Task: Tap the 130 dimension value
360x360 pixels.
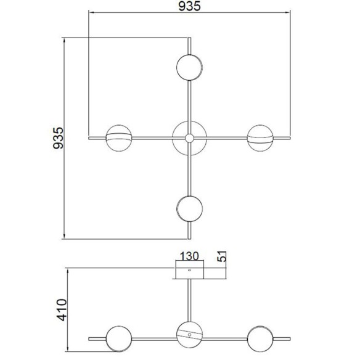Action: pyautogui.click(x=189, y=256)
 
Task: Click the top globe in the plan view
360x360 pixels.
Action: pyautogui.click(x=189, y=67)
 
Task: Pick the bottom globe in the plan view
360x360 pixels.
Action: pyautogui.click(x=189, y=208)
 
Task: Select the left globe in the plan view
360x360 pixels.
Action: pyautogui.click(x=118, y=137)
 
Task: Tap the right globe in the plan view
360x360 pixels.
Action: pyautogui.click(x=260, y=137)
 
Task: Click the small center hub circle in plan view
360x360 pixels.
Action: pyautogui.click(x=189, y=137)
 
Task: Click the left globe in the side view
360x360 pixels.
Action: pyautogui.click(x=118, y=338)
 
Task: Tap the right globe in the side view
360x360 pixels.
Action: pyautogui.click(x=260, y=338)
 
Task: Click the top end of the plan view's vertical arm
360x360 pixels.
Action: pyautogui.click(x=189, y=39)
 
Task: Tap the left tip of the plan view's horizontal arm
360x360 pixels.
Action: pyautogui.click(x=91, y=137)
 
